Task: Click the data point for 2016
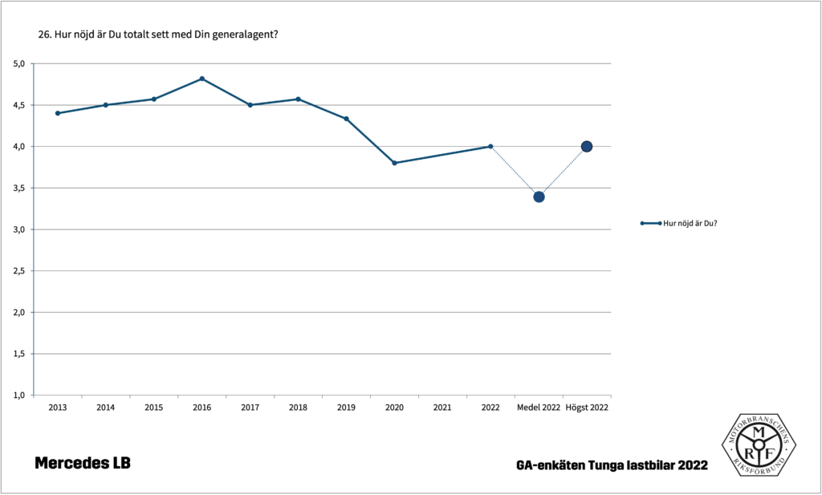[201, 79]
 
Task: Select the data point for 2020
[394, 163]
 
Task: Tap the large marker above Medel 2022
[539, 197]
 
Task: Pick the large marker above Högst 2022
[587, 147]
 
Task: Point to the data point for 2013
[58, 113]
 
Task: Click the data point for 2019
[346, 119]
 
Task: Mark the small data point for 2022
[490, 146]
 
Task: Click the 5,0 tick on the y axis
[19, 63]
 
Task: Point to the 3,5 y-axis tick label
[19, 188]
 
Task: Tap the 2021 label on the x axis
[442, 408]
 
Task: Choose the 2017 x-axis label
[250, 408]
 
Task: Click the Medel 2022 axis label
[539, 408]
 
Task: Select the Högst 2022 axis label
[587, 408]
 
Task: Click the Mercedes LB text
[83, 464]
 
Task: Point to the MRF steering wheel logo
[757, 444]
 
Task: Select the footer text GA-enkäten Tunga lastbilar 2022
[612, 465]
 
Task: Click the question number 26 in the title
[44, 34]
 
